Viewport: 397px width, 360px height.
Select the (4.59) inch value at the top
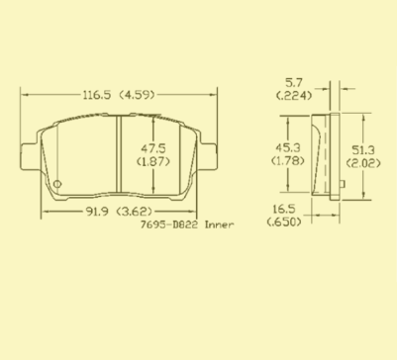coord(137,95)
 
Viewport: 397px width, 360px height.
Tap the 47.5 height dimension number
coord(153,148)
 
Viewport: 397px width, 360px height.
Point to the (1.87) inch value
coord(153,161)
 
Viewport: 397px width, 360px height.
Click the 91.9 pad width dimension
coord(97,212)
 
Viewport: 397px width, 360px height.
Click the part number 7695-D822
coord(169,225)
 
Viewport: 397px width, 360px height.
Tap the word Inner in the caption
coord(220,225)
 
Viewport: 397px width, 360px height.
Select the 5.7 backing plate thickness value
coord(294,82)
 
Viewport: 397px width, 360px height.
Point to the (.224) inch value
coord(294,96)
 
